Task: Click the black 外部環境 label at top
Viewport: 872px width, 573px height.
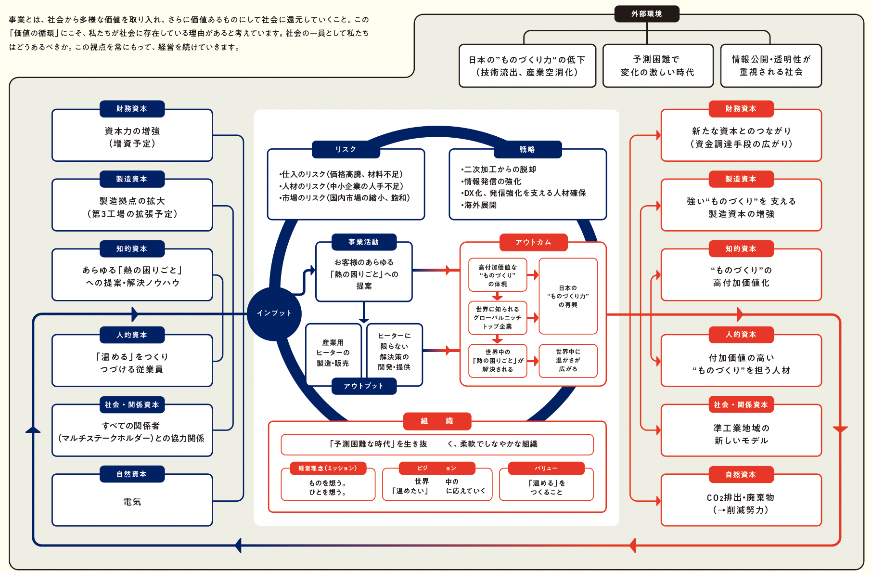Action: click(x=646, y=14)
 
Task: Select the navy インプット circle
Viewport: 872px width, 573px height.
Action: click(x=274, y=313)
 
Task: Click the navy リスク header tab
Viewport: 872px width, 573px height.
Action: click(x=346, y=149)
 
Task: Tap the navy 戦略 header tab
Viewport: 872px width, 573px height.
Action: click(x=527, y=149)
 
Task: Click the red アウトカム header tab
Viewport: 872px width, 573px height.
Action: click(x=533, y=242)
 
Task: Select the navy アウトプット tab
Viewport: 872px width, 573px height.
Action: click(x=364, y=386)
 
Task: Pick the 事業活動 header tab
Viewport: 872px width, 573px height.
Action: click(x=364, y=242)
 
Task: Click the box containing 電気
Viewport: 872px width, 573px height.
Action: click(x=132, y=502)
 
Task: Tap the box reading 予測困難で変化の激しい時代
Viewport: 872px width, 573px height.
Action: click(x=657, y=66)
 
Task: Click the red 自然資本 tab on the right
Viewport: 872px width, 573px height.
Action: click(x=741, y=474)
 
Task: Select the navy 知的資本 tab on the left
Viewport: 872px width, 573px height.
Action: click(x=132, y=248)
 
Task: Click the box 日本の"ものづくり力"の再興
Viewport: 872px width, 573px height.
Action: click(x=568, y=296)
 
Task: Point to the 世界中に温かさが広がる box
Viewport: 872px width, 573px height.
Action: click(x=568, y=361)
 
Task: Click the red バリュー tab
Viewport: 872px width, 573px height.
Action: click(x=546, y=468)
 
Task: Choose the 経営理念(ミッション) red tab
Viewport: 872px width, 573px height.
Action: click(x=328, y=468)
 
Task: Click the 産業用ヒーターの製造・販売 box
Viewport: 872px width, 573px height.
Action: click(x=333, y=353)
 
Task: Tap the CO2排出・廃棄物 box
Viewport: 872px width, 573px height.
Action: click(x=741, y=504)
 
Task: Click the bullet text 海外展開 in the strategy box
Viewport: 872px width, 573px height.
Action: click(x=480, y=205)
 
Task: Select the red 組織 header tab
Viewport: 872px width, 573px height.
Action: click(x=437, y=421)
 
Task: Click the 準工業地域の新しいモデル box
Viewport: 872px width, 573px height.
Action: click(x=741, y=434)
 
